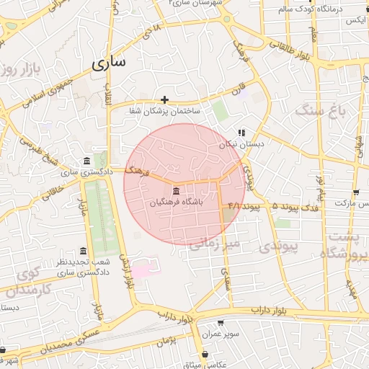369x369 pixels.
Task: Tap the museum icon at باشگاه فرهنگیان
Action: (177, 190)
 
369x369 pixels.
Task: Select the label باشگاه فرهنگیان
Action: (177, 203)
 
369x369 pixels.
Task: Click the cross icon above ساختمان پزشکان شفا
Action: (165, 99)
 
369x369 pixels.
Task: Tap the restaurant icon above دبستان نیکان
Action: (242, 133)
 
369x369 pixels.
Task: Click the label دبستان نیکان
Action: (242, 145)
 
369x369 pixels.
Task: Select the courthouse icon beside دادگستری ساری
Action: (86, 160)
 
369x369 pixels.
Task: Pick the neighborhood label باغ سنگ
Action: (321, 111)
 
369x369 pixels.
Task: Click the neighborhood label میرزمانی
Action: (213, 245)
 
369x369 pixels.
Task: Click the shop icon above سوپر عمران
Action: (219, 323)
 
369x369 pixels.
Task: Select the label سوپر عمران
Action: (219, 335)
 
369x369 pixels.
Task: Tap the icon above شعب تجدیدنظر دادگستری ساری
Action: (83, 252)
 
